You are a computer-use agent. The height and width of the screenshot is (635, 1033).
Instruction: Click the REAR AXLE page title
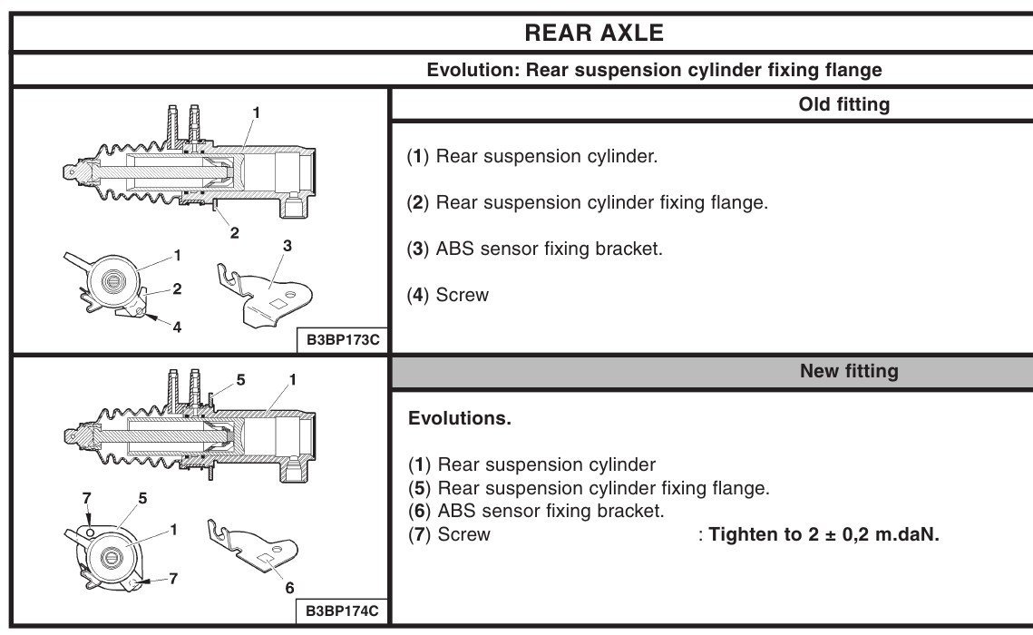pos(594,34)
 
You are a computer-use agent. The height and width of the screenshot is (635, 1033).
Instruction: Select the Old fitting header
pos(843,104)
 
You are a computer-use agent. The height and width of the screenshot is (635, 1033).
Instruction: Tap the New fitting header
pos(849,371)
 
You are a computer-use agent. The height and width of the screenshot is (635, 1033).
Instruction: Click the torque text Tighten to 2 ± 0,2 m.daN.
pos(823,533)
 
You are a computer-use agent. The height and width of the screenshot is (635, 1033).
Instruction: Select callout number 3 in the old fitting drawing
pos(287,245)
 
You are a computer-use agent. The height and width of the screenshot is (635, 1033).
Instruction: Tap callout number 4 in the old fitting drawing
pos(177,327)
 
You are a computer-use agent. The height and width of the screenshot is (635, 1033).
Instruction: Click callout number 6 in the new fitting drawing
pos(289,588)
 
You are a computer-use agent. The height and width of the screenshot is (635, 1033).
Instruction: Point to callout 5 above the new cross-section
pos(240,380)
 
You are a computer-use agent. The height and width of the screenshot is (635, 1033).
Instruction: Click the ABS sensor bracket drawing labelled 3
pos(266,290)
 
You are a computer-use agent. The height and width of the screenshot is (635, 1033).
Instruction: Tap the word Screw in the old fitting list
pos(462,295)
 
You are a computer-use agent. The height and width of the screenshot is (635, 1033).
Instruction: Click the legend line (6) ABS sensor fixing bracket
pos(536,511)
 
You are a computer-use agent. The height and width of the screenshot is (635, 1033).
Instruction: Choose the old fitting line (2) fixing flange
pos(587,202)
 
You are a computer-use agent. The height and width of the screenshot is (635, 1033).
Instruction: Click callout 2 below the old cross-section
pos(234,232)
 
